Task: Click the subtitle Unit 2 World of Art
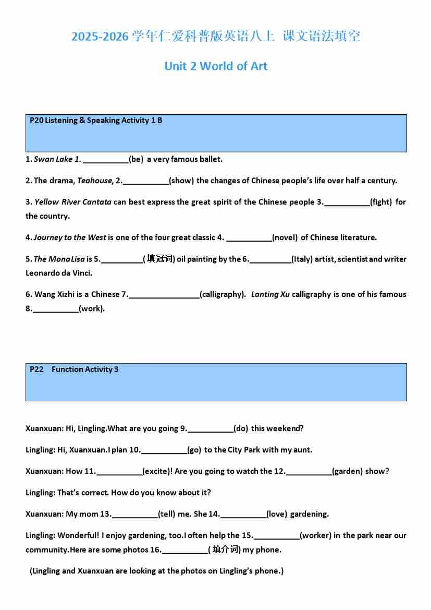pyautogui.click(x=216, y=66)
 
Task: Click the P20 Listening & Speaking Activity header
pyautogui.click(x=96, y=121)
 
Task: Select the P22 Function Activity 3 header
pyautogui.click(x=74, y=369)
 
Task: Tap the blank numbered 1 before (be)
pyautogui.click(x=106, y=160)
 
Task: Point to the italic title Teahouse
pyautogui.click(x=94, y=181)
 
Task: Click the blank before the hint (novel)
pyautogui.click(x=249, y=238)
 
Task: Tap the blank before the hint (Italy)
pyautogui.click(x=270, y=260)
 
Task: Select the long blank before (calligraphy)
pyautogui.click(x=164, y=295)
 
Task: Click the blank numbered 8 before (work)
pyautogui.click(x=56, y=309)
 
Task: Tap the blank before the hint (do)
pyautogui.click(x=211, y=429)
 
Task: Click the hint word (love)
pyautogui.click(x=277, y=514)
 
